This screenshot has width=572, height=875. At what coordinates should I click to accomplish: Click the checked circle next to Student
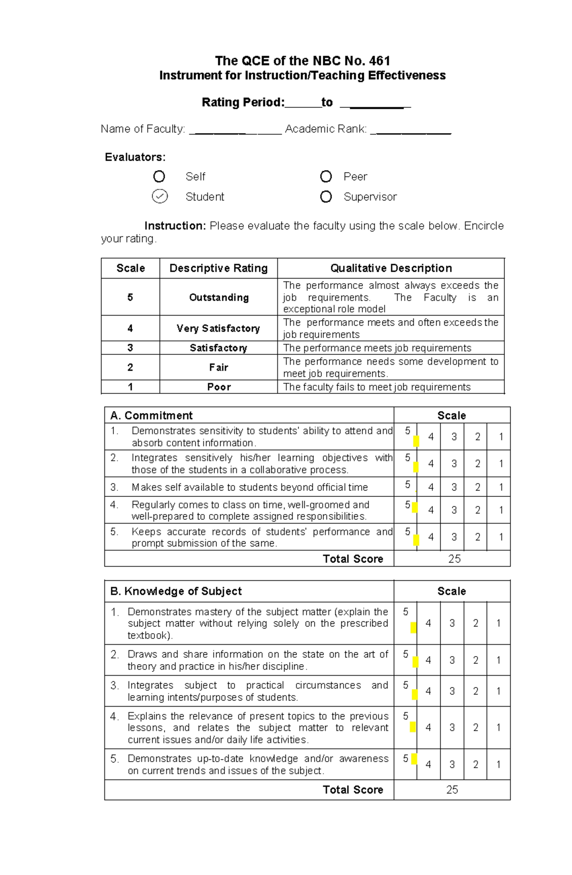point(160,196)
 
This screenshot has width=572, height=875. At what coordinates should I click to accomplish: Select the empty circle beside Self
point(159,176)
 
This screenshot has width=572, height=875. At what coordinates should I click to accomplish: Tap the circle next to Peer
point(326,176)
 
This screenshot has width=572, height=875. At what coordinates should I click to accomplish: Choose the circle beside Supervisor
point(326,196)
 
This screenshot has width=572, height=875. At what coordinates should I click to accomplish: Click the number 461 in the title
point(379,61)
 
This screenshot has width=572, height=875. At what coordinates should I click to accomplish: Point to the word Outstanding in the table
point(219,298)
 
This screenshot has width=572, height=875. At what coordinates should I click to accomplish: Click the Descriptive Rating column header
point(218,268)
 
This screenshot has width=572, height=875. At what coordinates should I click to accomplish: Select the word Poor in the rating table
point(219,387)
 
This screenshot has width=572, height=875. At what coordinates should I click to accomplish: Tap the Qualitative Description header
point(391,268)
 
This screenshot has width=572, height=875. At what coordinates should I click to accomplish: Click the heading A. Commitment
point(152,415)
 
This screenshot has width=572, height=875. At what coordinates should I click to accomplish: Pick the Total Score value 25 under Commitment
point(454,559)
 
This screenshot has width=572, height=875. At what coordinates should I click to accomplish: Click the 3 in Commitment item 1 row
point(454,437)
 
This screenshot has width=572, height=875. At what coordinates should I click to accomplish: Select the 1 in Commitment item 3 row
point(501,487)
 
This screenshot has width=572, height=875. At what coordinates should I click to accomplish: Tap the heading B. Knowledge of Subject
point(176,591)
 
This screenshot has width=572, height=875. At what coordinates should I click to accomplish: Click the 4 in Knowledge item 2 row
point(429,660)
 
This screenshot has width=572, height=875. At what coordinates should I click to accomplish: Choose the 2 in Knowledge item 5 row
point(475,764)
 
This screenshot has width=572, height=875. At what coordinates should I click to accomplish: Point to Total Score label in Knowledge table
point(353,790)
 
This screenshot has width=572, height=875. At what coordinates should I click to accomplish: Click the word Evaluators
point(135,157)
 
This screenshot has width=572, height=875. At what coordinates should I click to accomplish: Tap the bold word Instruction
point(175,226)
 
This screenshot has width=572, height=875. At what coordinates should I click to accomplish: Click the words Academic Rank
point(326,129)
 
